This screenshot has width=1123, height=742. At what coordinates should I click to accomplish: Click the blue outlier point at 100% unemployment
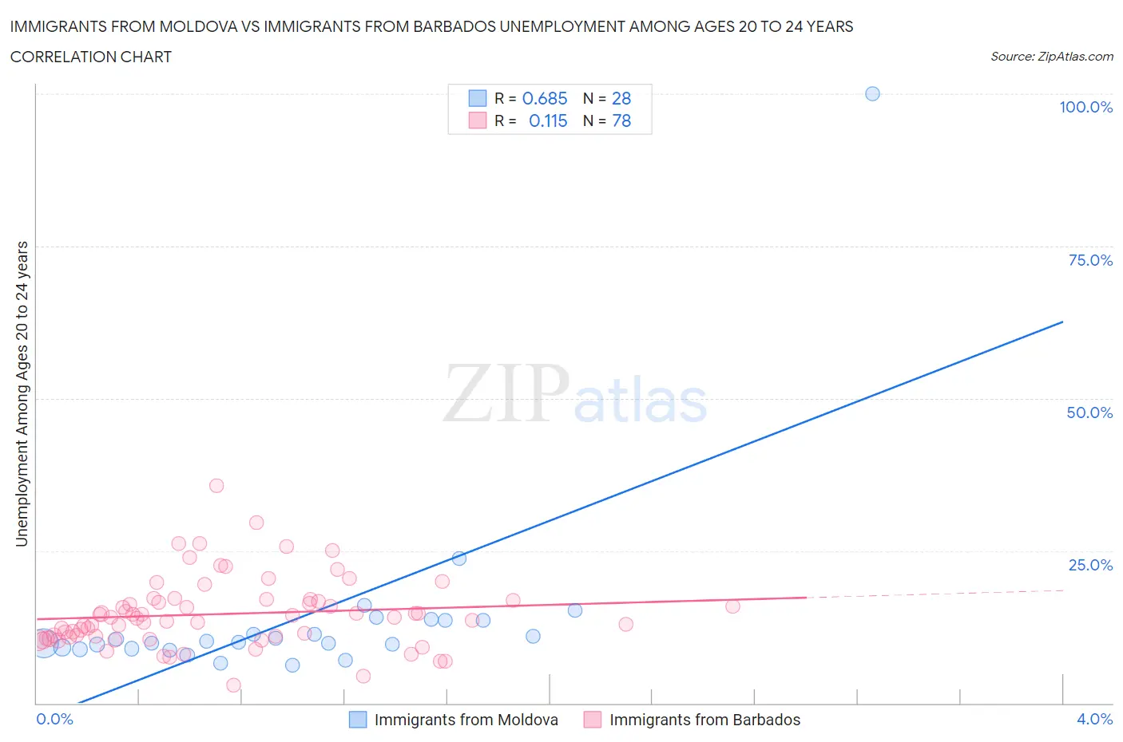point(872,94)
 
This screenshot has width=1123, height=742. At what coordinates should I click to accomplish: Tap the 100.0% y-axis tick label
point(1085,108)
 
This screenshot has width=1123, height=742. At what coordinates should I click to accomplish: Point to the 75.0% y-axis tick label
point(1089,260)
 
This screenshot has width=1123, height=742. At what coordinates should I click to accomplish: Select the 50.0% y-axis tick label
point(1089,412)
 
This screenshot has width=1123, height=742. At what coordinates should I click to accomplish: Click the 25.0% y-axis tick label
point(1089,565)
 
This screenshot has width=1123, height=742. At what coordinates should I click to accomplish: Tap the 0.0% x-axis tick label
point(54,719)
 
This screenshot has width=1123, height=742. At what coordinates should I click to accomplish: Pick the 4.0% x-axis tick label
point(1094,719)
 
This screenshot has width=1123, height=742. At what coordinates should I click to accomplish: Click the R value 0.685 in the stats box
point(545,98)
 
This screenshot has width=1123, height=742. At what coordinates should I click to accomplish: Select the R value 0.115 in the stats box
point(548,120)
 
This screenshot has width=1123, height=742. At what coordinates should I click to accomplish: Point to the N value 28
point(621,98)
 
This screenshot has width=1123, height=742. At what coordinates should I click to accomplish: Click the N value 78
point(621,120)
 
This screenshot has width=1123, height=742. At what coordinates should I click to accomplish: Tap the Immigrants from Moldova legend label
point(466,720)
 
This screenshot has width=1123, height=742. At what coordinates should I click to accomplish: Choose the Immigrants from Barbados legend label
point(704,720)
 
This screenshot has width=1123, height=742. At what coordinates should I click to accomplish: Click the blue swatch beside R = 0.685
point(477,98)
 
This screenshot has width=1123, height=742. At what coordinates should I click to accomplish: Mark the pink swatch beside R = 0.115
point(477,120)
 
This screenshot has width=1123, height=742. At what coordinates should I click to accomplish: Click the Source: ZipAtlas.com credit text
point(1051,57)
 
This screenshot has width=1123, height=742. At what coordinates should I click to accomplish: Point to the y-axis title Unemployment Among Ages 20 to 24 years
point(22,393)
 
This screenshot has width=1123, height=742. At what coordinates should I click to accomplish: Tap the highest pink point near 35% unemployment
point(216,485)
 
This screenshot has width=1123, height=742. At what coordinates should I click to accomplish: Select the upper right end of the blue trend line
point(1062,322)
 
